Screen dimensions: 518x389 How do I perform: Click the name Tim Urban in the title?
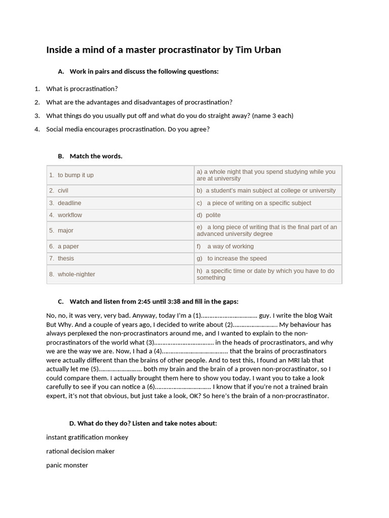click(x=257, y=50)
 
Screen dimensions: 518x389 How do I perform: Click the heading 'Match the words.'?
click(x=96, y=156)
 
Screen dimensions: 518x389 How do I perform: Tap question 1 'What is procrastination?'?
click(x=82, y=89)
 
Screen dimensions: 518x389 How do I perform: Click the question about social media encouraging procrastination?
click(x=128, y=129)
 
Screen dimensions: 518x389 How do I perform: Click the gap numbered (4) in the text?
click(x=194, y=351)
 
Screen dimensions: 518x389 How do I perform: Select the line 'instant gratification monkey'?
click(x=87, y=437)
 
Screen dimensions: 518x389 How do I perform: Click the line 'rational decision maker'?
click(x=80, y=451)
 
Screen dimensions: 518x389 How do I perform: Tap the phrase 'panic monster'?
click(x=67, y=465)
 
